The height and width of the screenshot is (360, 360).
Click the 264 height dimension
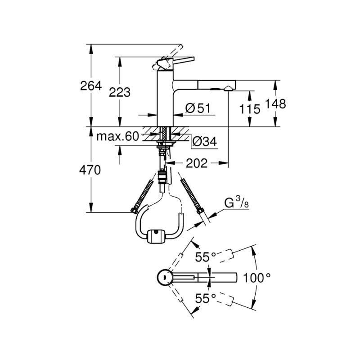pyautogui.click(x=91, y=86)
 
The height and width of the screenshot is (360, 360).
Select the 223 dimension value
pyautogui.click(x=120, y=93)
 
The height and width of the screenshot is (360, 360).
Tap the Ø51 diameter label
pyautogui.click(x=198, y=108)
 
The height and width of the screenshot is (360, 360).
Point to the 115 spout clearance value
pyautogui.click(x=250, y=109)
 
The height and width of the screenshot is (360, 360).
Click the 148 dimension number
pyautogui.click(x=275, y=103)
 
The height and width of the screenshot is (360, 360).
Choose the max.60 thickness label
pyautogui.click(x=118, y=136)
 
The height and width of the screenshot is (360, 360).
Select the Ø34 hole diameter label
pyautogui.click(x=205, y=141)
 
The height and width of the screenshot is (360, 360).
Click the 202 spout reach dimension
pyautogui.click(x=197, y=163)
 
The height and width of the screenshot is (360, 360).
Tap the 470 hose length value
pyautogui.click(x=90, y=171)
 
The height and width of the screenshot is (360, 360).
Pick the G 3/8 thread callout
pyautogui.click(x=237, y=202)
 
